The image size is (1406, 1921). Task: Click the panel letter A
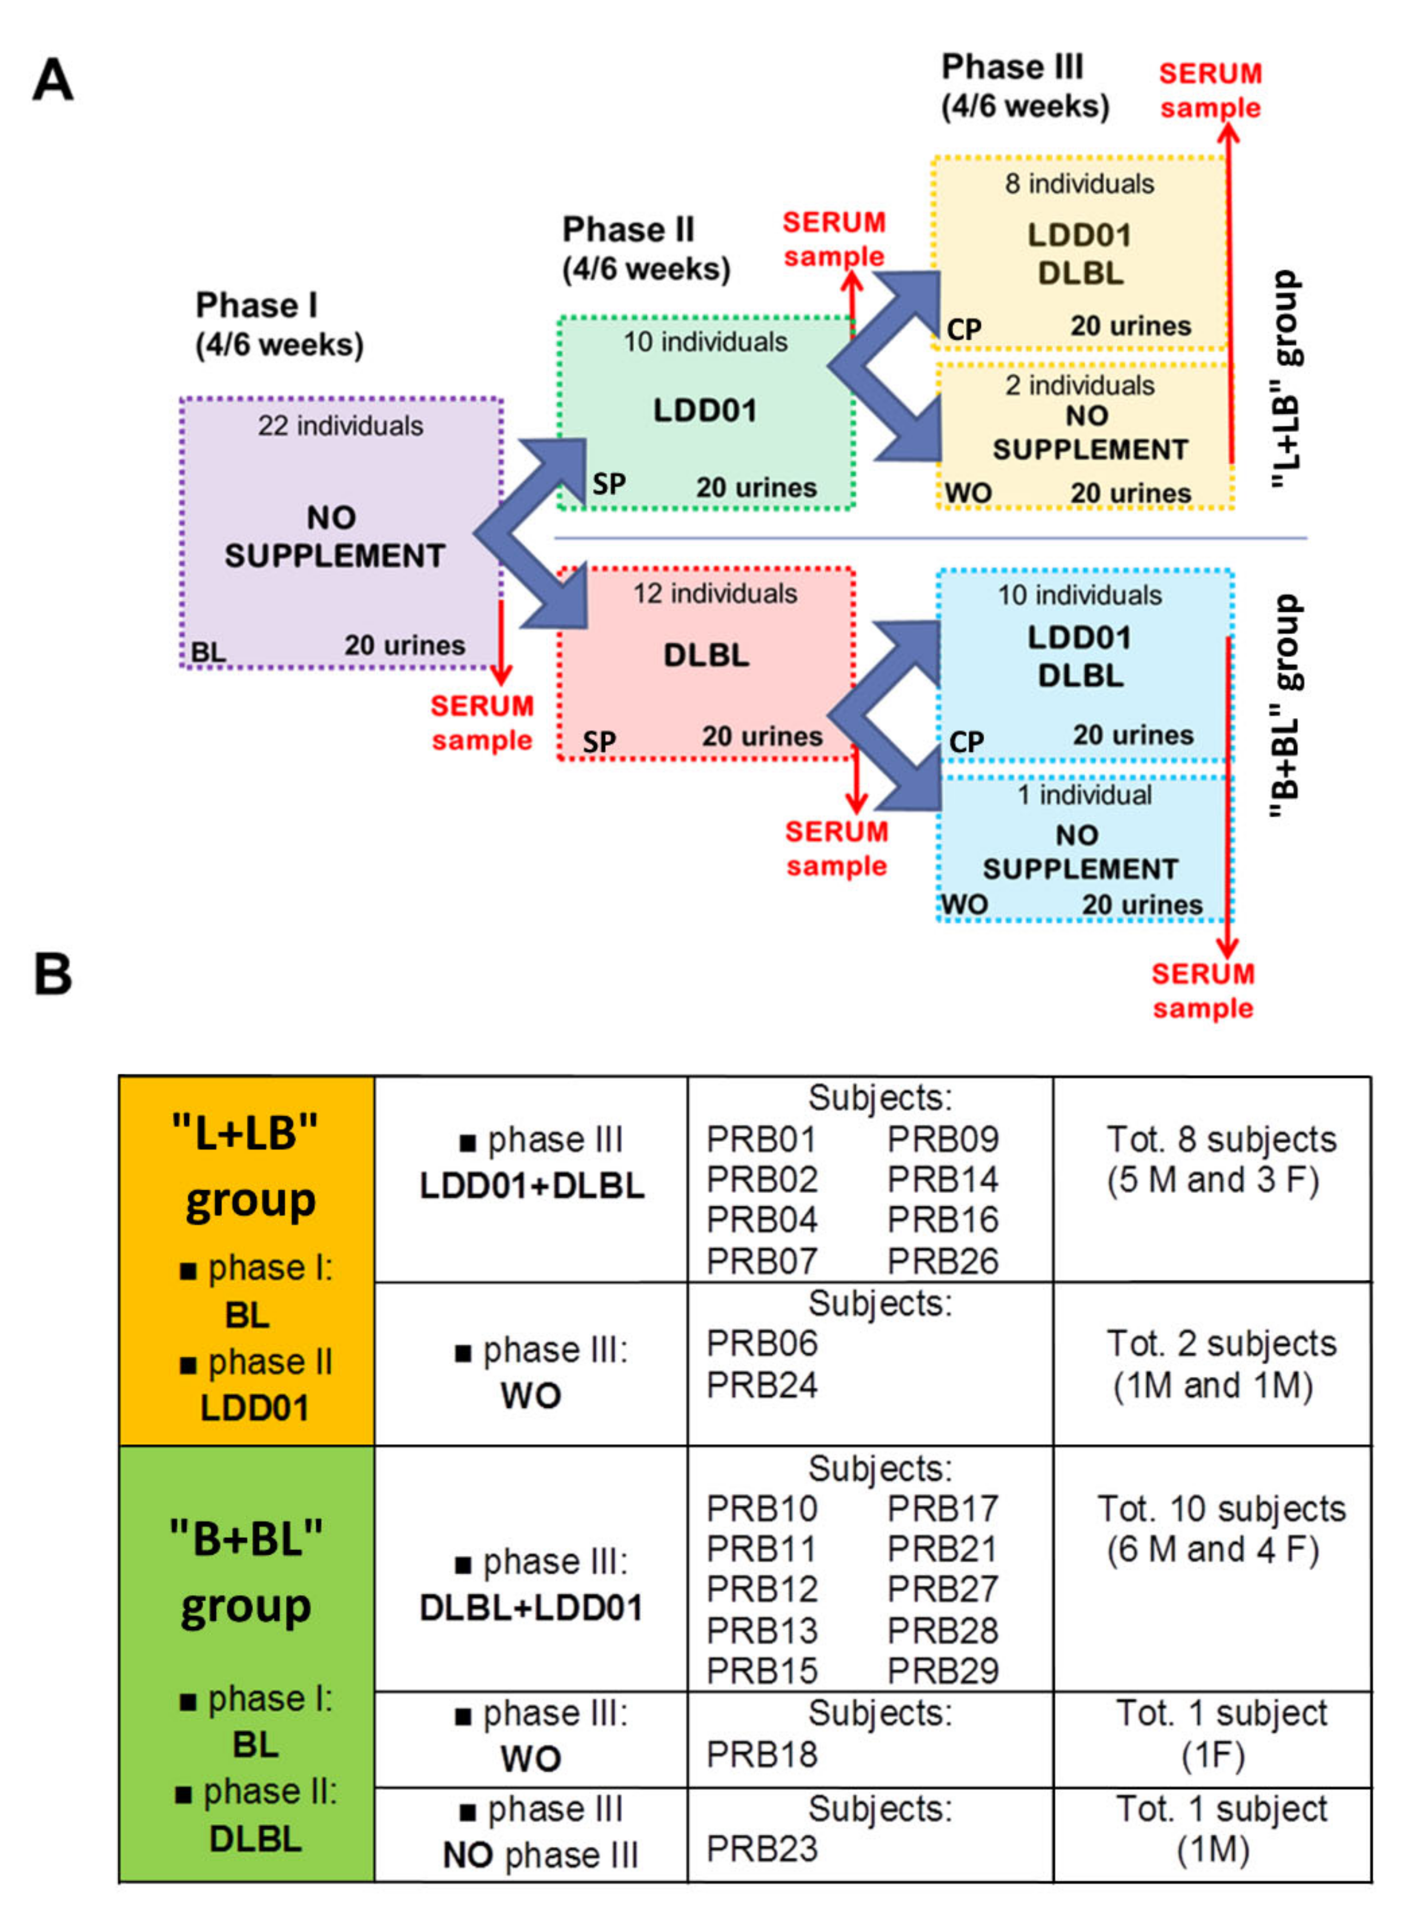pos(53,81)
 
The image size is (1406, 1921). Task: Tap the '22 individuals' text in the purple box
pos(341,425)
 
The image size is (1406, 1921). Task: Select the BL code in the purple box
pos(209,653)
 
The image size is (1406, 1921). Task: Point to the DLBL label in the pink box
pos(706,655)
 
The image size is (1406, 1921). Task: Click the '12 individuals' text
pos(715,593)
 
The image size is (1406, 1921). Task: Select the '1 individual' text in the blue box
pos(1084,794)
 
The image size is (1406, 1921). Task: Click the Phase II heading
pos(628,230)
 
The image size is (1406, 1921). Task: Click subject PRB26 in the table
pos(942,1261)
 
